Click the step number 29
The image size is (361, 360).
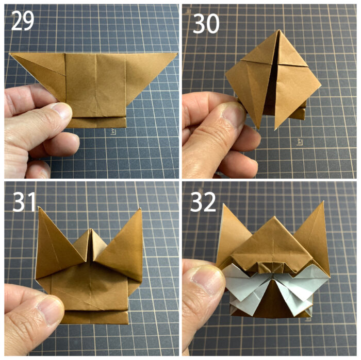pyautogui.click(x=23, y=21)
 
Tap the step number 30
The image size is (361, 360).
pyautogui.click(x=206, y=24)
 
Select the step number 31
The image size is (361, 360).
pyautogui.click(x=24, y=202)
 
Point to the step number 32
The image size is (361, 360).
pyautogui.click(x=203, y=202)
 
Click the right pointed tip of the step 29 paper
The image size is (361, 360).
pyautogui.click(x=177, y=54)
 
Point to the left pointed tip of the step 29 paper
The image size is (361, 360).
pyautogui.click(x=10, y=54)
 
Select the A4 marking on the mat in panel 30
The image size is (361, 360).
pyautogui.click(x=299, y=142)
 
